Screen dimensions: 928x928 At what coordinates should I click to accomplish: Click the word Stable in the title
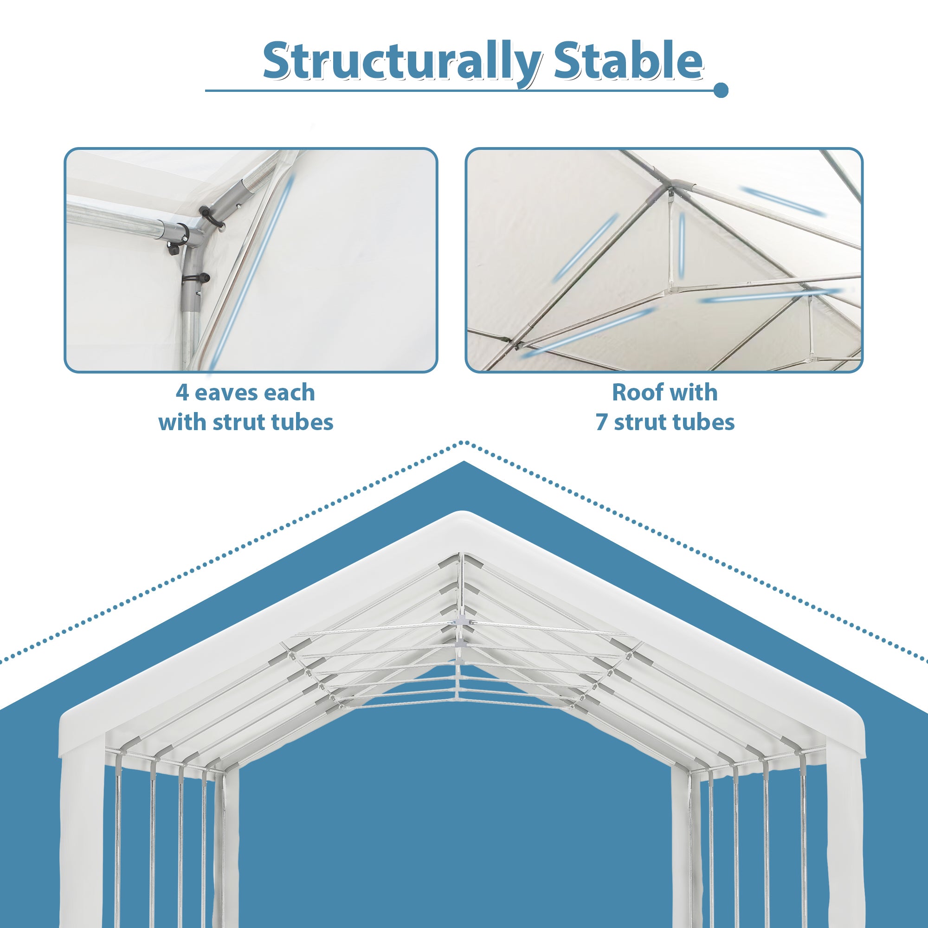pyautogui.click(x=628, y=62)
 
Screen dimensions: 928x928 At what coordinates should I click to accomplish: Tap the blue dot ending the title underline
pyautogui.click(x=721, y=90)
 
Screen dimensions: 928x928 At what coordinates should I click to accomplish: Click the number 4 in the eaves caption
pyautogui.click(x=182, y=393)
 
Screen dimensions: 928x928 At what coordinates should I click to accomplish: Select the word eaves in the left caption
pyautogui.click(x=222, y=393)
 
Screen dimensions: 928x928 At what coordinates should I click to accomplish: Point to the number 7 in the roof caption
pyautogui.click(x=601, y=423)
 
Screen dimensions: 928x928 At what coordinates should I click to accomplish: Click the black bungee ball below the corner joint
pyautogui.click(x=204, y=277)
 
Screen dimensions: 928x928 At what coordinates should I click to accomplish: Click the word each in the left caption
pyautogui.click(x=289, y=393)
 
